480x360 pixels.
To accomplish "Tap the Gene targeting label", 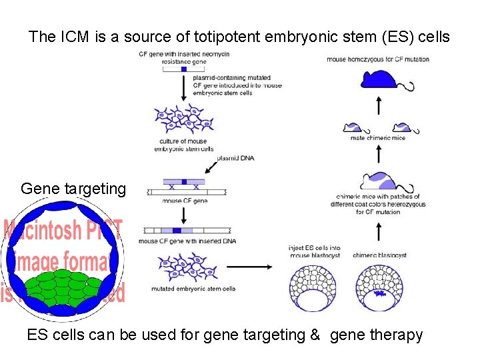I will [x=73, y=189].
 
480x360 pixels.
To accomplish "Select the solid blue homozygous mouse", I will [x=382, y=80].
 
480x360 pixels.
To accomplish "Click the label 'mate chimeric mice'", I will [x=377, y=139].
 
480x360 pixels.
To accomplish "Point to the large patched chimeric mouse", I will [x=381, y=181].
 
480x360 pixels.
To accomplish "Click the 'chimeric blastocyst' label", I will [x=379, y=255].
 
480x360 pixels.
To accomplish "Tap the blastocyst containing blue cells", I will [x=379, y=288].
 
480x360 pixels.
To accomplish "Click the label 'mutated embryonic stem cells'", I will [x=193, y=289].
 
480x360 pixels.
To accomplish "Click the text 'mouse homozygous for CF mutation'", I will [x=378, y=59].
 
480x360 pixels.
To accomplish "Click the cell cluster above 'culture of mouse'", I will [x=184, y=120].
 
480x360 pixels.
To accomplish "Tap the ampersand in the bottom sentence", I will [x=315, y=335].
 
